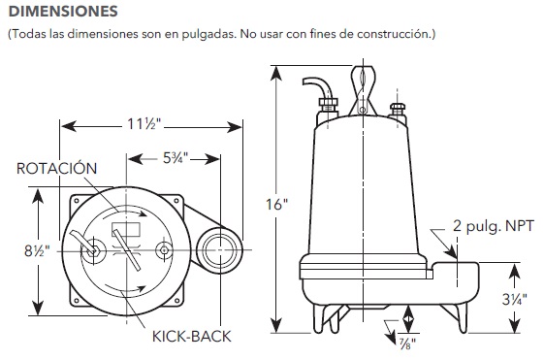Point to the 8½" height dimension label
37,249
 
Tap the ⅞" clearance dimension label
401,342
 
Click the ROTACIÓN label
57,169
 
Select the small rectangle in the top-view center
126,232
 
